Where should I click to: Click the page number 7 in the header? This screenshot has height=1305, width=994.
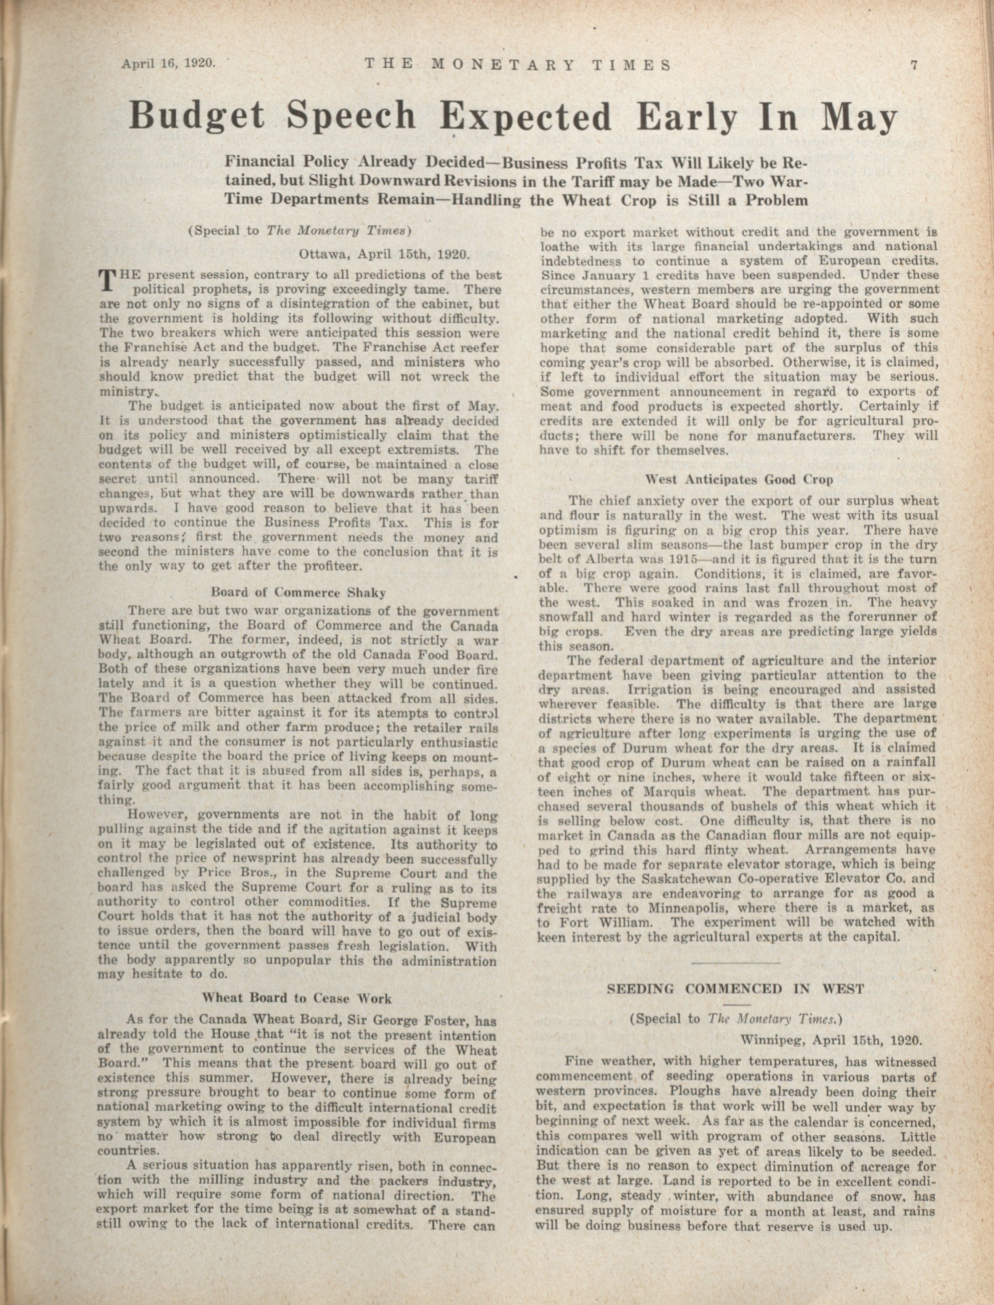click(x=913, y=65)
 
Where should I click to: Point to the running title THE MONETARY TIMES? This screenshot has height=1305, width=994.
click(x=518, y=65)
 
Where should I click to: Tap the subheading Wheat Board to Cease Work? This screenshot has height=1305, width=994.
click(x=297, y=999)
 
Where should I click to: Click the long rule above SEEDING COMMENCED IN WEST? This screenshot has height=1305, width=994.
click(x=736, y=964)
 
